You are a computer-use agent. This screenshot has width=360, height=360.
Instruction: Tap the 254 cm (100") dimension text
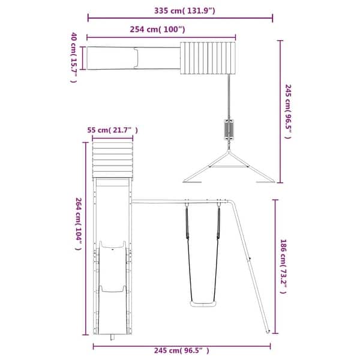click(158, 29)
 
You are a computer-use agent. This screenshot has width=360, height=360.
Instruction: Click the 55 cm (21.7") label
click(112, 130)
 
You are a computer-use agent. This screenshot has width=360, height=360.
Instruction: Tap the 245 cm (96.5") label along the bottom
click(179, 350)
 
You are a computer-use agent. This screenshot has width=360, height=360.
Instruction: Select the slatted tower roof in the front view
click(112, 160)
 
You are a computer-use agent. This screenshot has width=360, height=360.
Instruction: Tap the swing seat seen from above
click(228, 128)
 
